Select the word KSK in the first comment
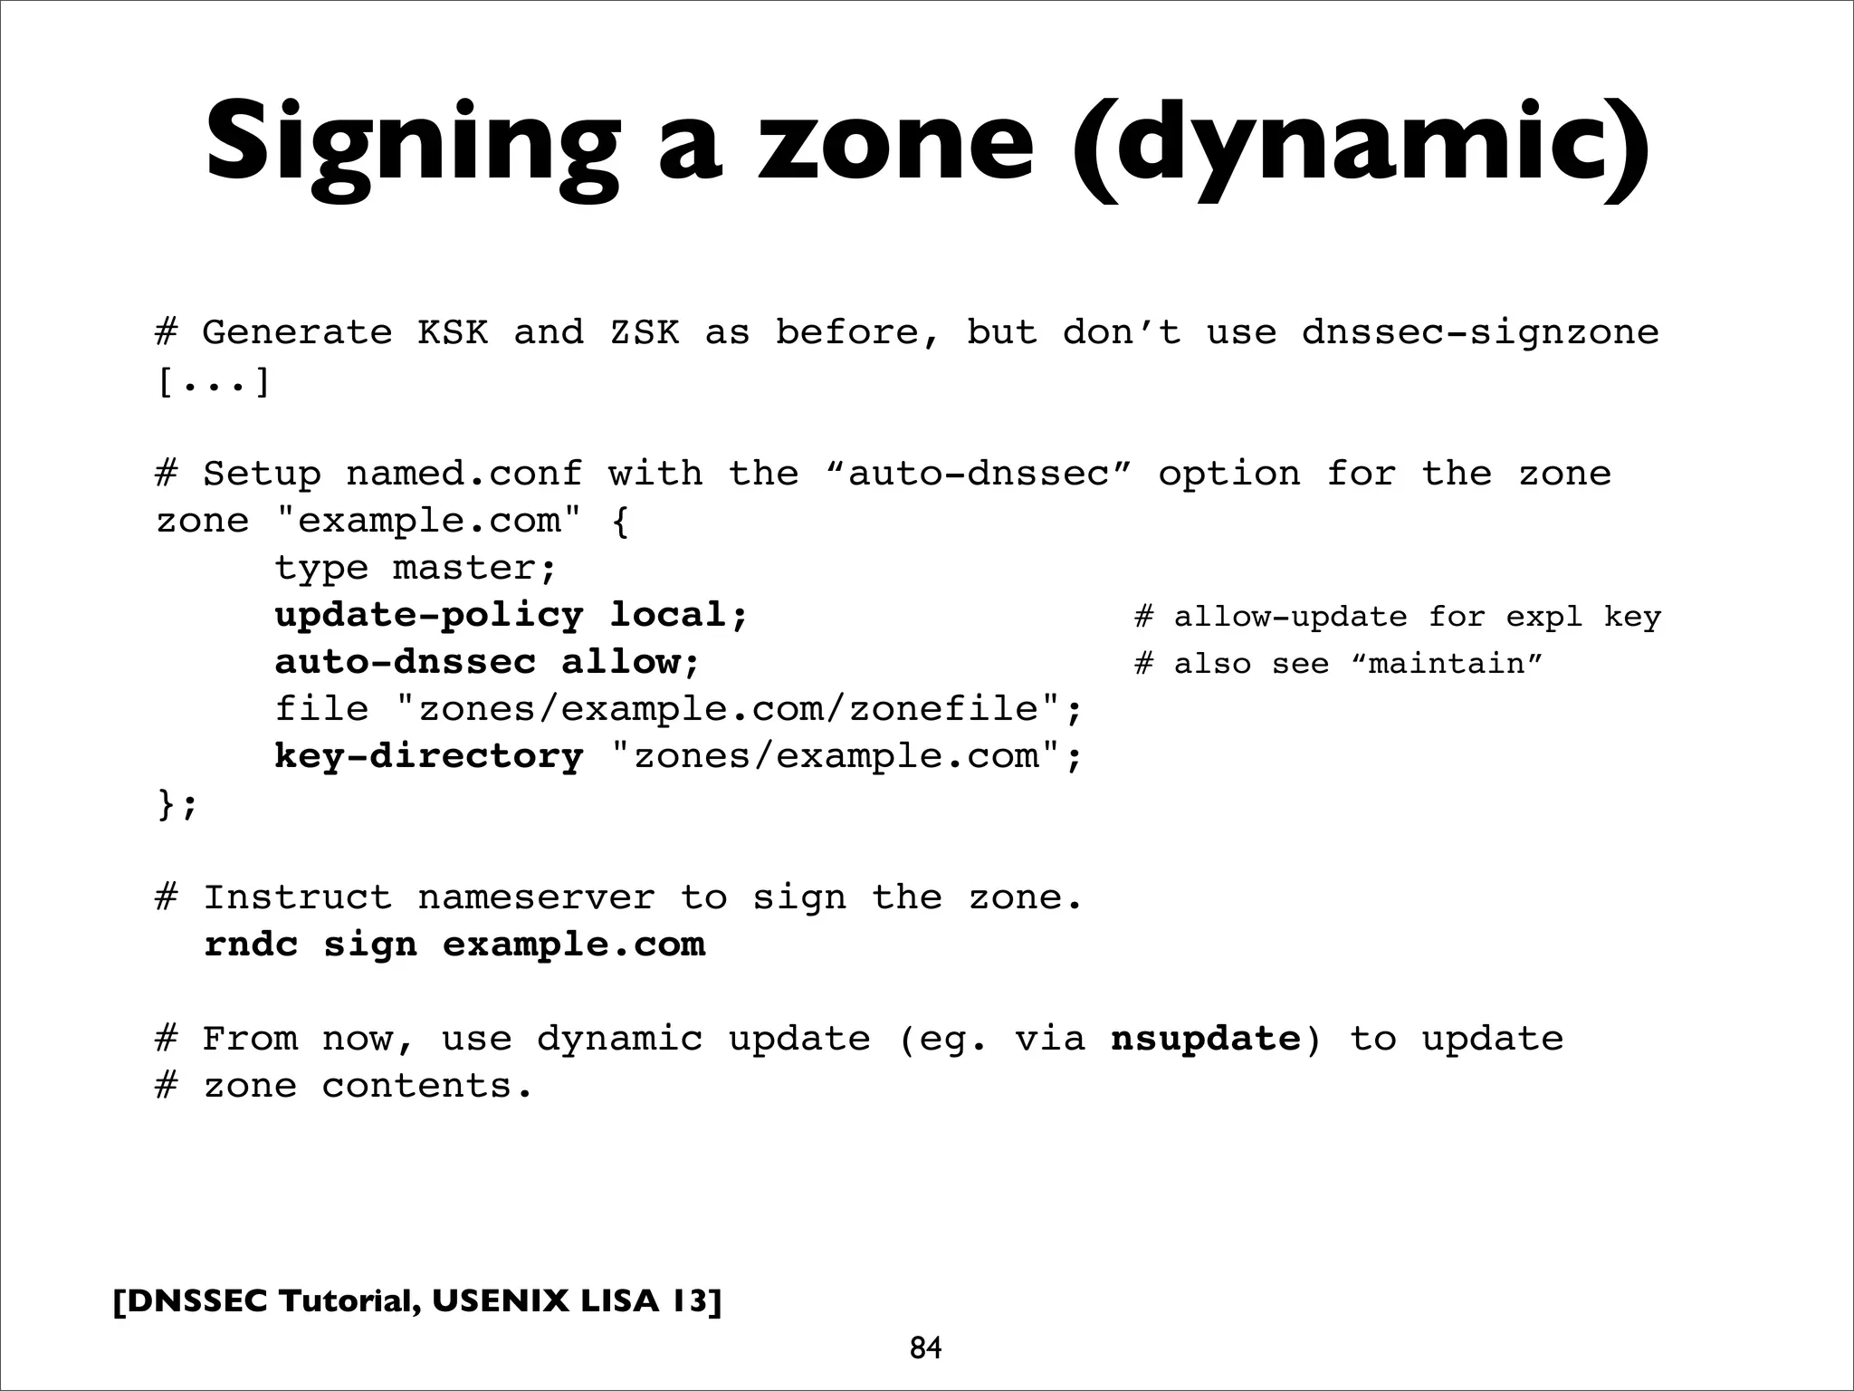click(x=453, y=332)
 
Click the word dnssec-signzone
click(x=1480, y=332)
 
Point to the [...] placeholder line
click(x=214, y=380)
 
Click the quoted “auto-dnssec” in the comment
click(x=980, y=474)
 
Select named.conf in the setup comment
click(x=463, y=474)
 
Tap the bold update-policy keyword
click(x=429, y=616)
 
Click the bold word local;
click(x=679, y=616)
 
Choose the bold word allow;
click(x=631, y=662)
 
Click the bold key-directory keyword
click(x=429, y=756)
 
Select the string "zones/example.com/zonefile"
click(x=729, y=709)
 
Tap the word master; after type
click(x=475, y=569)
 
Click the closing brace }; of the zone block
click(x=177, y=803)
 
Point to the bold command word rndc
click(x=251, y=945)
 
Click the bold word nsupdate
click(x=1205, y=1039)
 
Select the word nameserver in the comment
click(x=536, y=897)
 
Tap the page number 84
click(x=925, y=1348)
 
